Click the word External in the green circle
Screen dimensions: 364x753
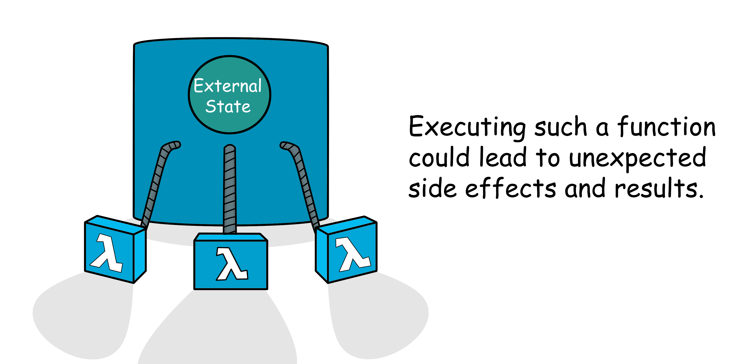point(227,86)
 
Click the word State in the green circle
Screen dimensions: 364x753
point(228,107)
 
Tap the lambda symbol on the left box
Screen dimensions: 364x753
point(107,252)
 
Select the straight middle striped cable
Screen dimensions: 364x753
point(230,190)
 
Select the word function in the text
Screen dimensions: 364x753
point(666,127)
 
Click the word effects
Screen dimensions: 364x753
point(510,188)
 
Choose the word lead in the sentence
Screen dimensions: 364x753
point(503,158)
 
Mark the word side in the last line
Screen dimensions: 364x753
point(432,188)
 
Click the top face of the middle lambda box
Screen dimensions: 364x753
point(231,237)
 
